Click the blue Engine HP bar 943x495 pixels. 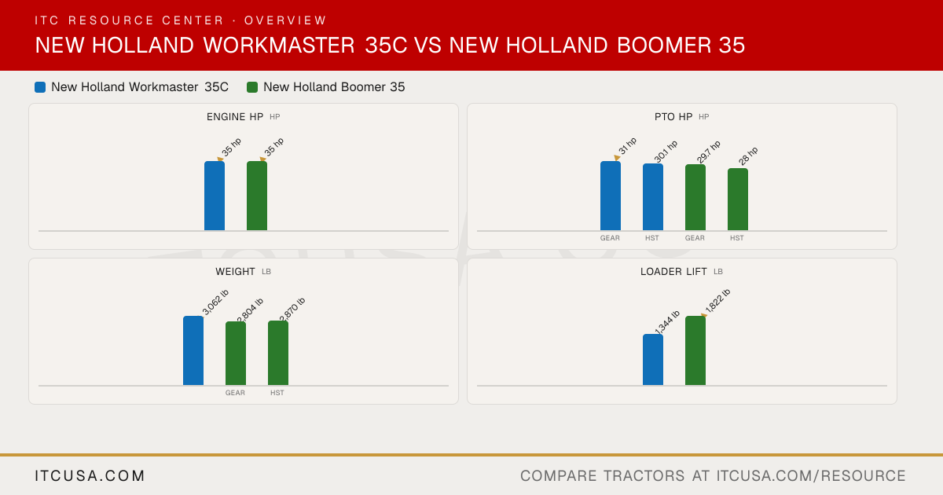point(215,196)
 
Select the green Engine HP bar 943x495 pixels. point(257,196)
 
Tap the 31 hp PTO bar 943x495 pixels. point(611,196)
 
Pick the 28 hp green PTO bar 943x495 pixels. point(738,199)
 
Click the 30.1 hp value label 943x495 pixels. point(666,152)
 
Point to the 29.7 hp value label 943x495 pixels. point(709,152)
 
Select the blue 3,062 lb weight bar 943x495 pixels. point(193,350)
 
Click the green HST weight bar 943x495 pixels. point(278,353)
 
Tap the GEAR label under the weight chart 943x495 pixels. point(235,393)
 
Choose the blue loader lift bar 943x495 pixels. point(653,360)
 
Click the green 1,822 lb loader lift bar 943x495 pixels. point(695,350)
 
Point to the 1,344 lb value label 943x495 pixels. point(667,323)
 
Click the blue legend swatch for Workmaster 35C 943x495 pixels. point(40,87)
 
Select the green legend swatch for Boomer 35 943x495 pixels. point(252,87)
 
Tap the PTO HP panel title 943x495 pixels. point(673,116)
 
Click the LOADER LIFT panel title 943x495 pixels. point(673,272)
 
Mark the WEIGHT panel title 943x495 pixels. point(235,272)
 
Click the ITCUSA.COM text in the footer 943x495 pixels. point(90,475)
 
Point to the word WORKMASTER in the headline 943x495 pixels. point(279,45)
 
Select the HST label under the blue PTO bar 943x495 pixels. point(652,238)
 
